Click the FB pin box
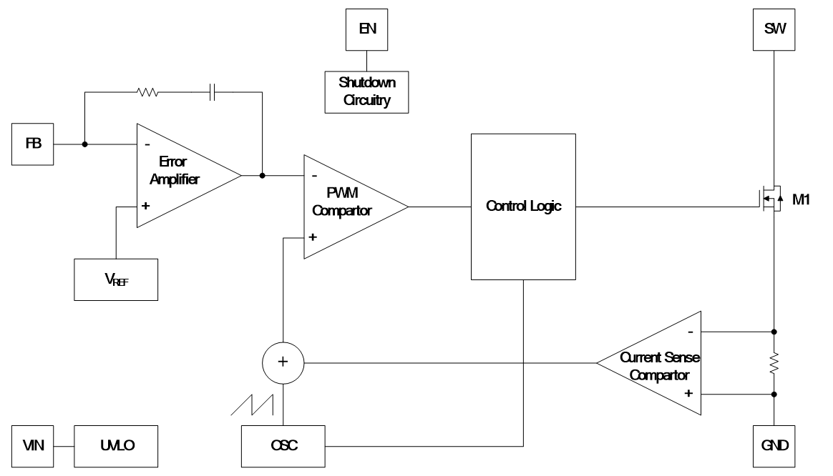(34, 144)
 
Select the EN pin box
(366, 29)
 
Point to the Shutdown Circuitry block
(366, 91)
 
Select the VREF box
(117, 279)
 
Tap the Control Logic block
(523, 207)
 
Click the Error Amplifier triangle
(179, 175)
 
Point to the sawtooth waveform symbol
(249, 404)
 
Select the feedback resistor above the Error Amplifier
(147, 92)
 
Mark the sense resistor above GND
(774, 363)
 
